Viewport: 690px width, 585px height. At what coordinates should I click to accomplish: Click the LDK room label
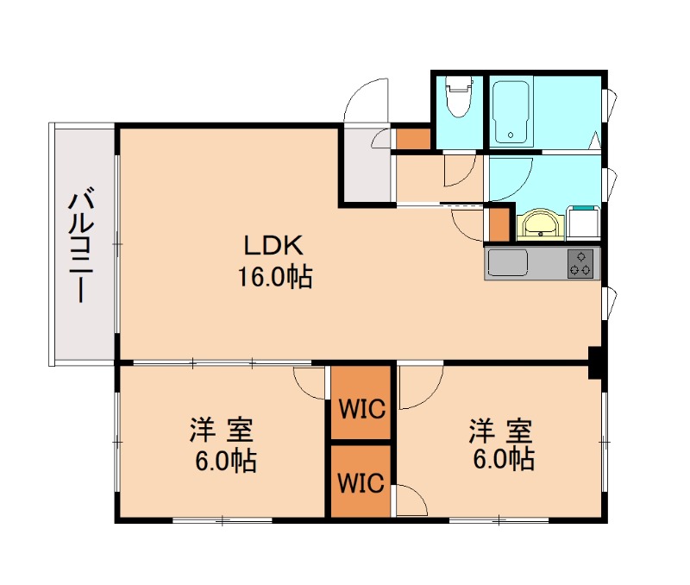273,246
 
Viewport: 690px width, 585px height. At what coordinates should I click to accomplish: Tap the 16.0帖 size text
275,277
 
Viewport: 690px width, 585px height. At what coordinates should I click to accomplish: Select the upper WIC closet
361,402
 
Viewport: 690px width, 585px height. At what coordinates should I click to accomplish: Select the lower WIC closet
361,481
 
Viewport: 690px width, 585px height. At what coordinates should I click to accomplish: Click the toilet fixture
459,96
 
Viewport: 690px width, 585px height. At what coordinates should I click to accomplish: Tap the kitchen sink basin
508,263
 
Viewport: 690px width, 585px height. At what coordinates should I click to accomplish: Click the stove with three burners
580,263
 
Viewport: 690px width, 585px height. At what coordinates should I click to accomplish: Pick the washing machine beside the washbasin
583,223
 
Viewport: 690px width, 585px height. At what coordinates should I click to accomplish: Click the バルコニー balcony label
81,245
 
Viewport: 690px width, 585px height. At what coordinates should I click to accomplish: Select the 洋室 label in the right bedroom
500,431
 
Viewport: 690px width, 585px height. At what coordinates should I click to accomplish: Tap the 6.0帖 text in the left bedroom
226,461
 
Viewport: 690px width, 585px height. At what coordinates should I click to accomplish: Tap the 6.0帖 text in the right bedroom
505,459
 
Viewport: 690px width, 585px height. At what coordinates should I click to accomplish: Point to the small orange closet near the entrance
413,139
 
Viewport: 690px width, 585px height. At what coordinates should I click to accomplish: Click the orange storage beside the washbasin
499,224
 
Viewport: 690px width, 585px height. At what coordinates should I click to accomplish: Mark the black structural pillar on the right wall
595,362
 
